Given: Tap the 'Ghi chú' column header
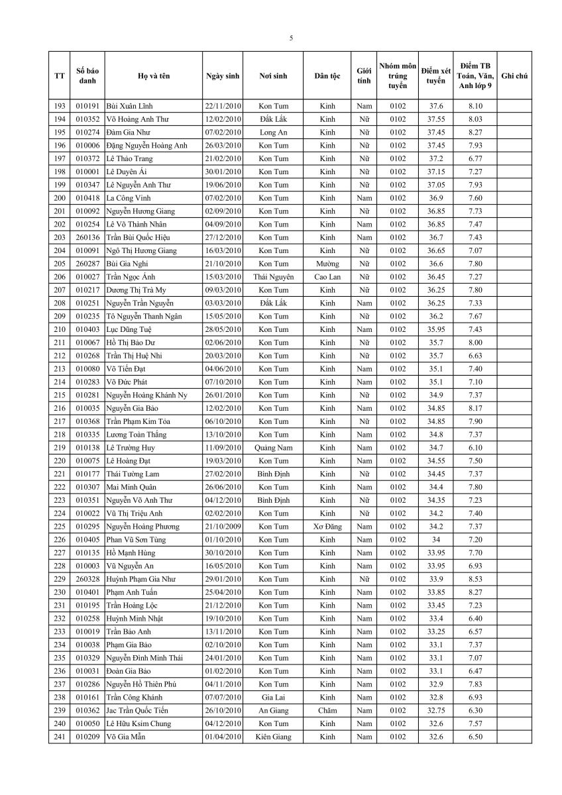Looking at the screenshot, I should (x=514, y=76).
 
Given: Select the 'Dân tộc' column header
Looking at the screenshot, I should (x=327, y=76).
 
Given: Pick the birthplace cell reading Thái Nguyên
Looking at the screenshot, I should (x=273, y=277).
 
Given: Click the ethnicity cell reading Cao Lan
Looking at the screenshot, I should (x=327, y=277).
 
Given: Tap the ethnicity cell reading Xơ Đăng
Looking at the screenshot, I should (x=327, y=527).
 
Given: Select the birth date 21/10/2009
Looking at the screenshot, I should (x=223, y=527).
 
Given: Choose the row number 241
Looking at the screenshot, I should (x=60, y=737).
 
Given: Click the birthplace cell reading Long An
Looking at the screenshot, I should (x=273, y=132).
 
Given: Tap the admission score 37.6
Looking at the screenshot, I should (x=435, y=106).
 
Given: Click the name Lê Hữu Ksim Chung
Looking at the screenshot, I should (x=139, y=723).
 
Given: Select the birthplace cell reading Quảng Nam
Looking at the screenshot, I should (x=273, y=448).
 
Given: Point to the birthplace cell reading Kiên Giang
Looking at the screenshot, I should (x=273, y=737).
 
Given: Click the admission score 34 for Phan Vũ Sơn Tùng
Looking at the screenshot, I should (x=435, y=540).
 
